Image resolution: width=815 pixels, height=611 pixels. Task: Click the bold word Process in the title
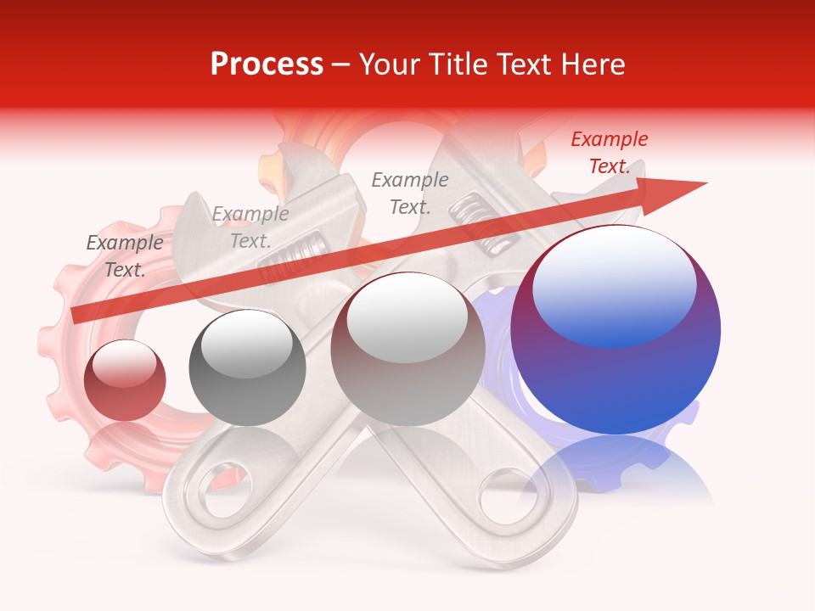pyautogui.click(x=267, y=64)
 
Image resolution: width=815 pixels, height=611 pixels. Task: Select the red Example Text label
pyautogui.click(x=610, y=153)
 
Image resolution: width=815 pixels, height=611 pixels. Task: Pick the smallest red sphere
pyautogui.click(x=125, y=379)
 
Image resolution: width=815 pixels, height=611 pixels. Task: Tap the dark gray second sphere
pyautogui.click(x=247, y=367)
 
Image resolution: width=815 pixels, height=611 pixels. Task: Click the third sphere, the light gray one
pyautogui.click(x=407, y=350)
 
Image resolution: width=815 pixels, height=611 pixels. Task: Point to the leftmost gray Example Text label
pyautogui.click(x=125, y=256)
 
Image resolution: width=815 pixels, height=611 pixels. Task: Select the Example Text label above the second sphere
pyautogui.click(x=250, y=227)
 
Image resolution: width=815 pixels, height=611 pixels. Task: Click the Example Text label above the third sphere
pyautogui.click(x=410, y=193)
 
